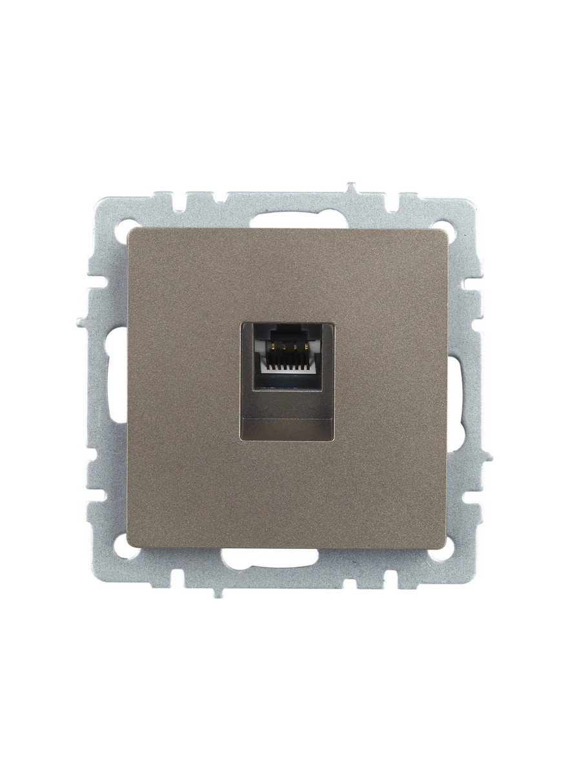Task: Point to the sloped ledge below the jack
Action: [290, 426]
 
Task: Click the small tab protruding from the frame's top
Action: [352, 189]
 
